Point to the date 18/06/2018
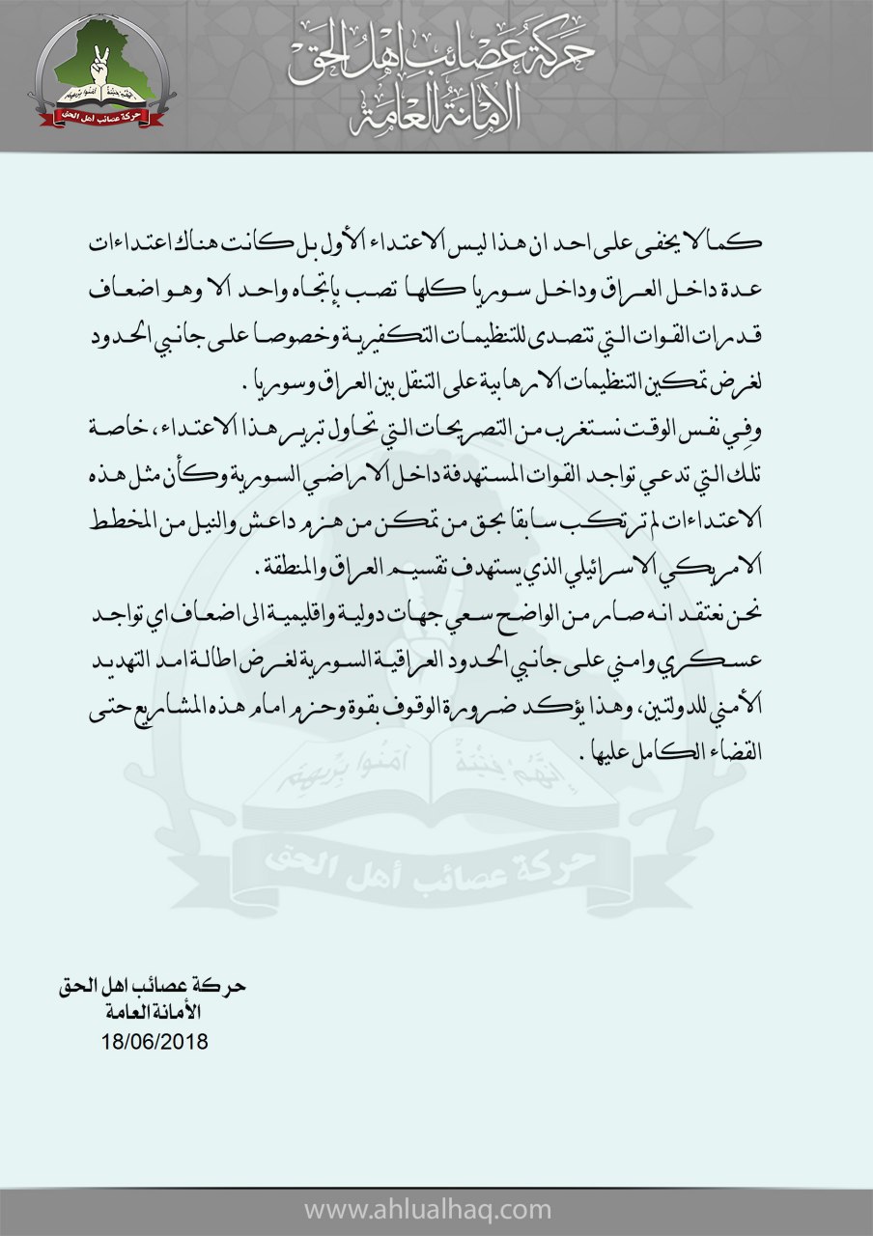154,1044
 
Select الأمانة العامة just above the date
154,1013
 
